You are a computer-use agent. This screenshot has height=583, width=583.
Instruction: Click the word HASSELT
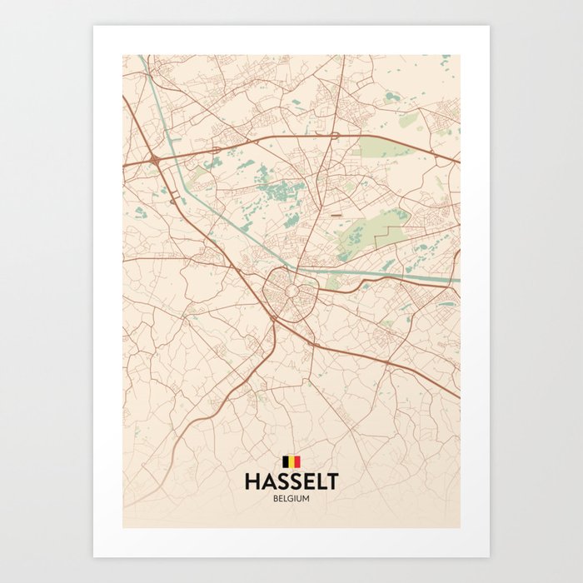click(291, 481)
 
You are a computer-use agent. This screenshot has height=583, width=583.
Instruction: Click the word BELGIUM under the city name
click(291, 498)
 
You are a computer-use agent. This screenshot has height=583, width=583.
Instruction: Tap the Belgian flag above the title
click(291, 461)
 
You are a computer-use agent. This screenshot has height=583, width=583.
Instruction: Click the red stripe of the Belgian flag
click(297, 461)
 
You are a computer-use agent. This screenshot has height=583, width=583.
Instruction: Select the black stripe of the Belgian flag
click(286, 461)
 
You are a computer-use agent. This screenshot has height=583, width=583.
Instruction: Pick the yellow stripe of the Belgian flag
click(291, 461)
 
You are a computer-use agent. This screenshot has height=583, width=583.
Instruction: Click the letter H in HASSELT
click(251, 481)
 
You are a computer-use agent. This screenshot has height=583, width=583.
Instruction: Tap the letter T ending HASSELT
click(332, 481)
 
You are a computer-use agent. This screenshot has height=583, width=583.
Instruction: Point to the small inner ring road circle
click(291, 291)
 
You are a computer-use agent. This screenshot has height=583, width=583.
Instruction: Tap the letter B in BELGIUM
click(274, 498)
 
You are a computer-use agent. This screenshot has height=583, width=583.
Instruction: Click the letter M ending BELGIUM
click(308, 498)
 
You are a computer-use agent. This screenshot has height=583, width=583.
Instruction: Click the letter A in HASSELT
click(266, 481)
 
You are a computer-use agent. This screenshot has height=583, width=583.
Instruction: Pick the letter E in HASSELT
click(306, 481)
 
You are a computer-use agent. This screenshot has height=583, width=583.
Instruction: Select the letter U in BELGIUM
click(300, 498)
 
